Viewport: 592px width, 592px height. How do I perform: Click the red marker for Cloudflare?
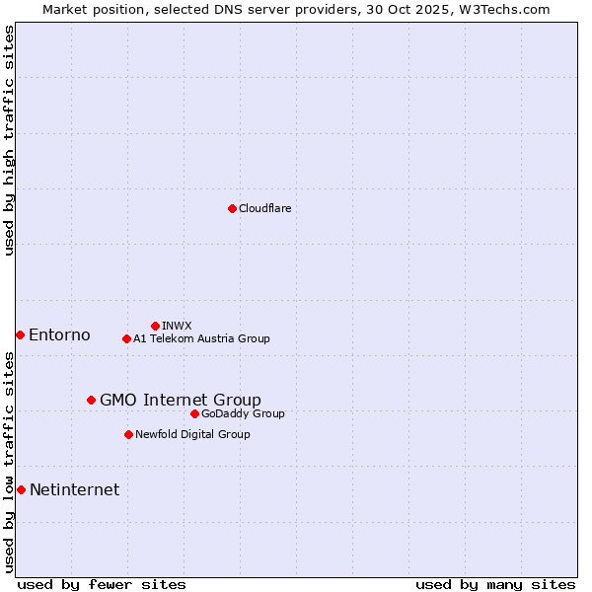(232, 208)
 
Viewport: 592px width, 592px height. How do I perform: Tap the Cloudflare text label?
(264, 208)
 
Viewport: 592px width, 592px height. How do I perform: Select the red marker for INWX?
(155, 326)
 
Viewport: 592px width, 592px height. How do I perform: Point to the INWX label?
(177, 326)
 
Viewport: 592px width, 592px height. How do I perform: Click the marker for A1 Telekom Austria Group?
(126, 338)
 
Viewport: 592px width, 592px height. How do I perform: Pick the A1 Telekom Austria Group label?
(201, 338)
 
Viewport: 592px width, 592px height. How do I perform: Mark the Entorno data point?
(20, 334)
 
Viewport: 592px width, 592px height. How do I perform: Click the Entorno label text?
(59, 334)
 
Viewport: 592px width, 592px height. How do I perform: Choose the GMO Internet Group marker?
(91, 400)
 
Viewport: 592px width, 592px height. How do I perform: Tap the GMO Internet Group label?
(181, 400)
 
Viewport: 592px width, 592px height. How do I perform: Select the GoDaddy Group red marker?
(194, 413)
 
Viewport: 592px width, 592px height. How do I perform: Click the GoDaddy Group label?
(243, 413)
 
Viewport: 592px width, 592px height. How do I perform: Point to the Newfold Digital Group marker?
(128, 434)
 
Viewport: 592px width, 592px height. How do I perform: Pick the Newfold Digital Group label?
(192, 434)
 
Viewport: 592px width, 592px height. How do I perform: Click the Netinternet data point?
(21, 489)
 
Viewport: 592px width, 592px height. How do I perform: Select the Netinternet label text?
(74, 489)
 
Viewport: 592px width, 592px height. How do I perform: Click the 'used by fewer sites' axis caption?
(102, 584)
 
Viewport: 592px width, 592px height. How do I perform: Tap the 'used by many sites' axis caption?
(495, 584)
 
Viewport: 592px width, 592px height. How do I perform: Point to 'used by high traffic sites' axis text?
(9, 140)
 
